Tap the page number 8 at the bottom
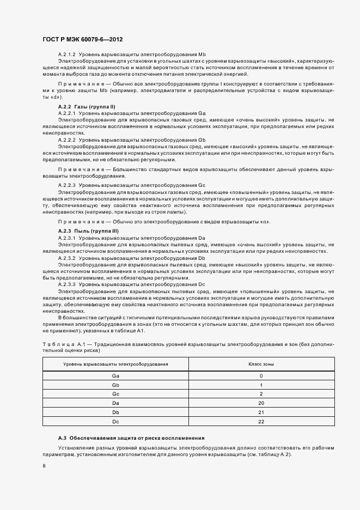coord(44,465)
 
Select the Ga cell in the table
coord(115,376)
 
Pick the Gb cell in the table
coord(115,385)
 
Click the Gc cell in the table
coord(115,394)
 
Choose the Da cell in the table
coord(115,403)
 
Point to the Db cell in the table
coord(115,412)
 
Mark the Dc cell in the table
coord(115,422)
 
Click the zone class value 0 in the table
coord(261,376)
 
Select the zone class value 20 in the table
coord(261,403)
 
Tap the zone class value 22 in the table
coord(261,422)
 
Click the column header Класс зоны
coord(261,363)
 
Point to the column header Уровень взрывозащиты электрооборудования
coord(115,363)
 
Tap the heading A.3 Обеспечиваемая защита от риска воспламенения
coord(131,439)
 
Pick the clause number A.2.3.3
coord(67,284)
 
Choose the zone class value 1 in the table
coord(261,385)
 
